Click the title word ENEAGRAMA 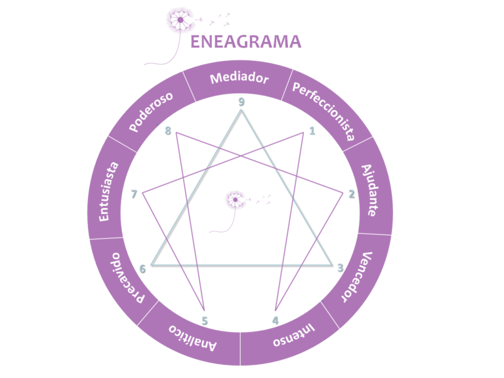[246, 42]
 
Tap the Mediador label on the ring [240, 78]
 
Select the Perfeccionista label [324, 111]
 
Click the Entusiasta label [108, 192]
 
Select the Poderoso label [151, 112]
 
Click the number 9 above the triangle [241, 102]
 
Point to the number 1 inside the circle [312, 131]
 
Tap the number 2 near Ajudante [352, 194]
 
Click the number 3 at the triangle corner [341, 268]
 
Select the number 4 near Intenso [276, 320]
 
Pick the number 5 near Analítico [205, 321]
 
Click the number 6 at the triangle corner [142, 268]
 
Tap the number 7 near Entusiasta [134, 194]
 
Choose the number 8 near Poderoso [168, 131]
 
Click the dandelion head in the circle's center [236, 199]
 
